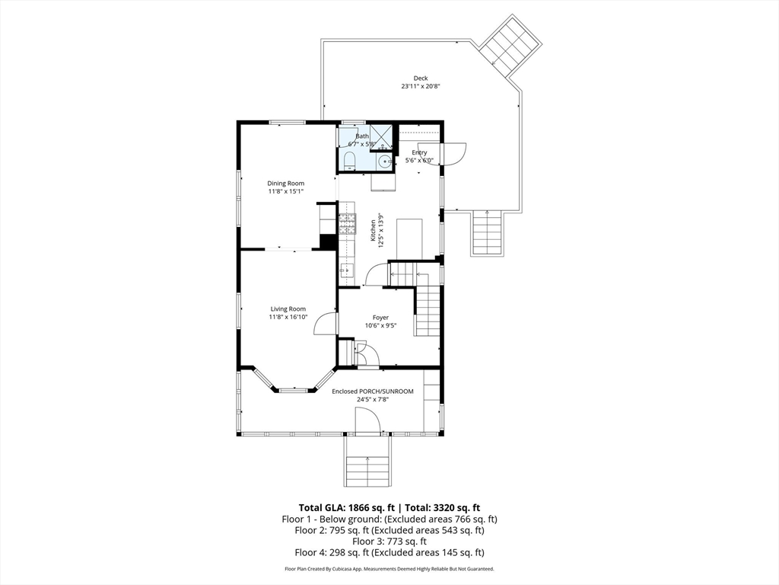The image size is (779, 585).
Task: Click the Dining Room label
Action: [286, 183]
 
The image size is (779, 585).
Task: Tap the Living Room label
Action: [288, 309]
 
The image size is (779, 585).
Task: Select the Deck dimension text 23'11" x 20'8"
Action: [421, 86]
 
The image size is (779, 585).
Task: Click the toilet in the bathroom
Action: [348, 161]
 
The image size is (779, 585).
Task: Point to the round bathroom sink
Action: [384, 161]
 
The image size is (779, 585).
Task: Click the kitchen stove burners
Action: [347, 224]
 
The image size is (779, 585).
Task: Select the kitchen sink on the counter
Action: [346, 270]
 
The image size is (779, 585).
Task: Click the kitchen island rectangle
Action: [409, 239]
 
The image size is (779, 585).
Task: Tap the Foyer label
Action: [380, 318]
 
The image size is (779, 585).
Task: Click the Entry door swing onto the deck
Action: [454, 154]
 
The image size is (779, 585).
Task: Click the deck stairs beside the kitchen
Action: [488, 233]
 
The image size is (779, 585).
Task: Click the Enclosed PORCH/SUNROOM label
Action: [373, 392]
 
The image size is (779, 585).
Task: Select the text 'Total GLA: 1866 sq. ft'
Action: [346, 508]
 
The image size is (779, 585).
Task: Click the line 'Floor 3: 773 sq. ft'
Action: [389, 542]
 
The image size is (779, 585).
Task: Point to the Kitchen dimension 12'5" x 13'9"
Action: [381, 231]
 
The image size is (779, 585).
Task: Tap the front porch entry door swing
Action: [367, 420]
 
